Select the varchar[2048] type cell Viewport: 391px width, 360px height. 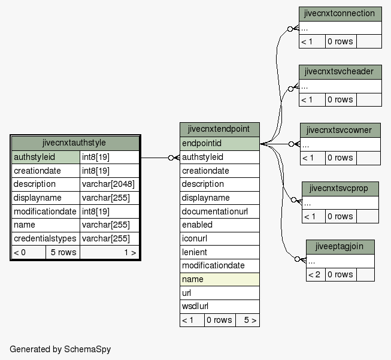pyautogui.click(x=109, y=184)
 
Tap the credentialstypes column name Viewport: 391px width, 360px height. pyautogui.click(x=46, y=238)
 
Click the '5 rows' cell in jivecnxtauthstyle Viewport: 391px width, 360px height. pyautogui.click(x=63, y=252)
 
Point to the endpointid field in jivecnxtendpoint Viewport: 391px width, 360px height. pyautogui.click(x=219, y=143)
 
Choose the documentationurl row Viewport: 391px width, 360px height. pyautogui.click(x=219, y=211)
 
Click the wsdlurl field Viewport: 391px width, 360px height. pyautogui.click(x=219, y=306)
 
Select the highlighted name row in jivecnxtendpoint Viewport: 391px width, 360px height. pyautogui.click(x=219, y=279)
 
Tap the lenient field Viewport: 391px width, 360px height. pyautogui.click(x=219, y=252)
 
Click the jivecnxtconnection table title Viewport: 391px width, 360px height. pyautogui.click(x=340, y=14)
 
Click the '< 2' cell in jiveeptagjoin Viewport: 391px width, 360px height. pyautogui.click(x=316, y=275)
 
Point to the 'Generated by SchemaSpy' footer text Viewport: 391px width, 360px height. pyautogui.click(x=60, y=349)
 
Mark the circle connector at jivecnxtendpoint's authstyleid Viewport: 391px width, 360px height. pyautogui.click(x=171, y=158)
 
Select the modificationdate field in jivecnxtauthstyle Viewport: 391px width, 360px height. pyautogui.click(x=46, y=211)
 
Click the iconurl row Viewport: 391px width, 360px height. pyautogui.click(x=219, y=238)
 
